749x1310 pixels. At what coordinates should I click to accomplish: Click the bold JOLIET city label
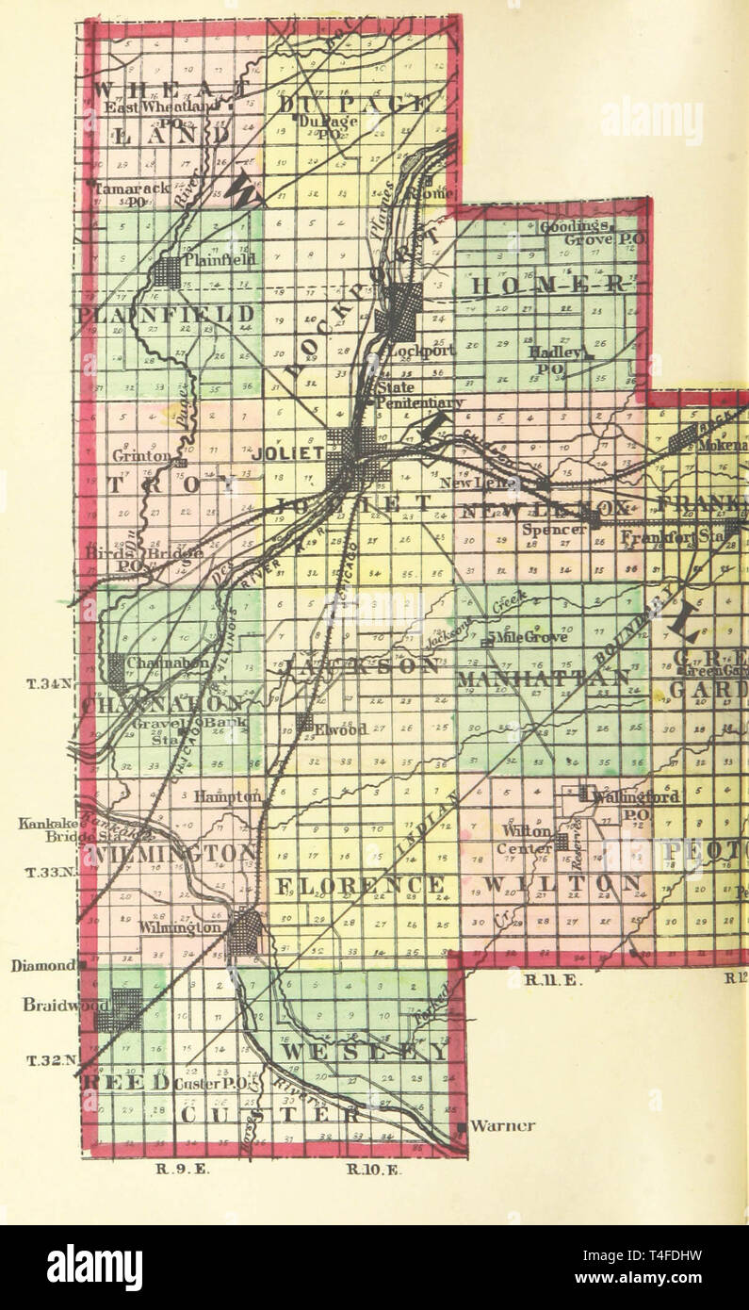(288, 453)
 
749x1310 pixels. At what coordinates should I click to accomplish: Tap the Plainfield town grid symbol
(167, 273)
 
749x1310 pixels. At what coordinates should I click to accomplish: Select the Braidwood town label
(54, 1006)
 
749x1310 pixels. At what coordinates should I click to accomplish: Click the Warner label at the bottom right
(502, 1125)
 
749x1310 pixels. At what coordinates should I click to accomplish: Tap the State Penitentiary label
(418, 395)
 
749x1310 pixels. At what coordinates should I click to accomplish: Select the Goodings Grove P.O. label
(591, 233)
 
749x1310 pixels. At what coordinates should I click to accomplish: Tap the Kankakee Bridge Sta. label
(59, 829)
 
